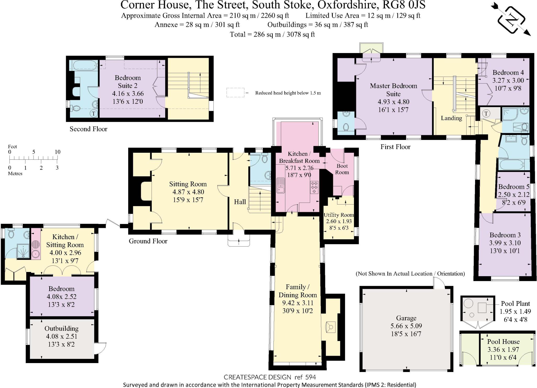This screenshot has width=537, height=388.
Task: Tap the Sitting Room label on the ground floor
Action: [188, 184]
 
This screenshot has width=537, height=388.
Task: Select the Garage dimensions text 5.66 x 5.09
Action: [406, 326]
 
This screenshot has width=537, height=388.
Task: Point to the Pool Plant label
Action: [515, 304]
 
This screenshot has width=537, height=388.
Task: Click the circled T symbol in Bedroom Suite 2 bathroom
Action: [94, 113]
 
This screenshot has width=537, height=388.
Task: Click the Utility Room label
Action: [339, 215]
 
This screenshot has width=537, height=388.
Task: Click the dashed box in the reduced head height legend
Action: [235, 93]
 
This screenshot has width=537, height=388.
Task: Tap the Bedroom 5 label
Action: [513, 187]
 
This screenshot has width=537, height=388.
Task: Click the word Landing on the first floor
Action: [451, 118]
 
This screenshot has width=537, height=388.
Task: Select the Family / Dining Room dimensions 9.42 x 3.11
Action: [298, 303]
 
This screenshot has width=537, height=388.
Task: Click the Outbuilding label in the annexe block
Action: [61, 328]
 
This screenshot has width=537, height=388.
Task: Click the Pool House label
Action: [503, 342]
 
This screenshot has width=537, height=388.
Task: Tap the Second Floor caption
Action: [88, 129]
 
